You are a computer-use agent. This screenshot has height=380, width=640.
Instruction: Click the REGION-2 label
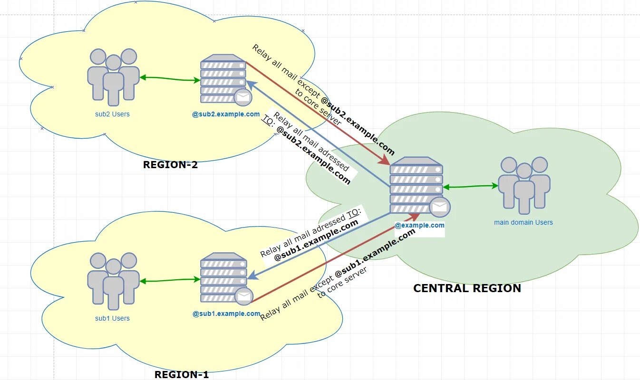pos(170,165)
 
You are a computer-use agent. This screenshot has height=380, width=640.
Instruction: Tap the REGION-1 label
pos(182,374)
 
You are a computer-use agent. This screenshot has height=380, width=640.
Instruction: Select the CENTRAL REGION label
pos(467,288)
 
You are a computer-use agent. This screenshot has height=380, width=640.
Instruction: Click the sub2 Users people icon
pos(113,76)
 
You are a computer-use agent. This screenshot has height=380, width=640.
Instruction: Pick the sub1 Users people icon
pos(113,281)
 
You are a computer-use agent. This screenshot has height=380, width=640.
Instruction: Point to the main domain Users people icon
pos(524,185)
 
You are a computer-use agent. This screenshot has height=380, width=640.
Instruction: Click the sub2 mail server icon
pos(223,78)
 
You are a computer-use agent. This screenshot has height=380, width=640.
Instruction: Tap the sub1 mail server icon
pos(223,277)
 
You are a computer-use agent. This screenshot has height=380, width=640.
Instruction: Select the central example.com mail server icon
pos(416,185)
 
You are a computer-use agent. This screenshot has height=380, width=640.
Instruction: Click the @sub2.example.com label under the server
pos(226,114)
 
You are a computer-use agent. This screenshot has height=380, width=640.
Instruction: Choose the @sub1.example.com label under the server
pos(226,313)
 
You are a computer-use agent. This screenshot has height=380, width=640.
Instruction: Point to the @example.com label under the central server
pos(420,226)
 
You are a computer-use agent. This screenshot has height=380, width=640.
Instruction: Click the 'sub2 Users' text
pos(112,114)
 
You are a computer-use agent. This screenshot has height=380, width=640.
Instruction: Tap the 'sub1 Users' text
pos(112,318)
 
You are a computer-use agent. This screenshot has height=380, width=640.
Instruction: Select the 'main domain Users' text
pos(524,222)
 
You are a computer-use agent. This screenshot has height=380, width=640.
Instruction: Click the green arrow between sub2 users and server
pos(170,79)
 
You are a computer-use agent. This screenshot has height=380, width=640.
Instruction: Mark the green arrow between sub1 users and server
pos(170,281)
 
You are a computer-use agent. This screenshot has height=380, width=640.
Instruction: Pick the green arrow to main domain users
pos(471,187)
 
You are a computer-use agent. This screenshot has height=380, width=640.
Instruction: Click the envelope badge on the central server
pos(440,207)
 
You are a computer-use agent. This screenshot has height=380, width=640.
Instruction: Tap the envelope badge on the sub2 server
pos(243,97)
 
